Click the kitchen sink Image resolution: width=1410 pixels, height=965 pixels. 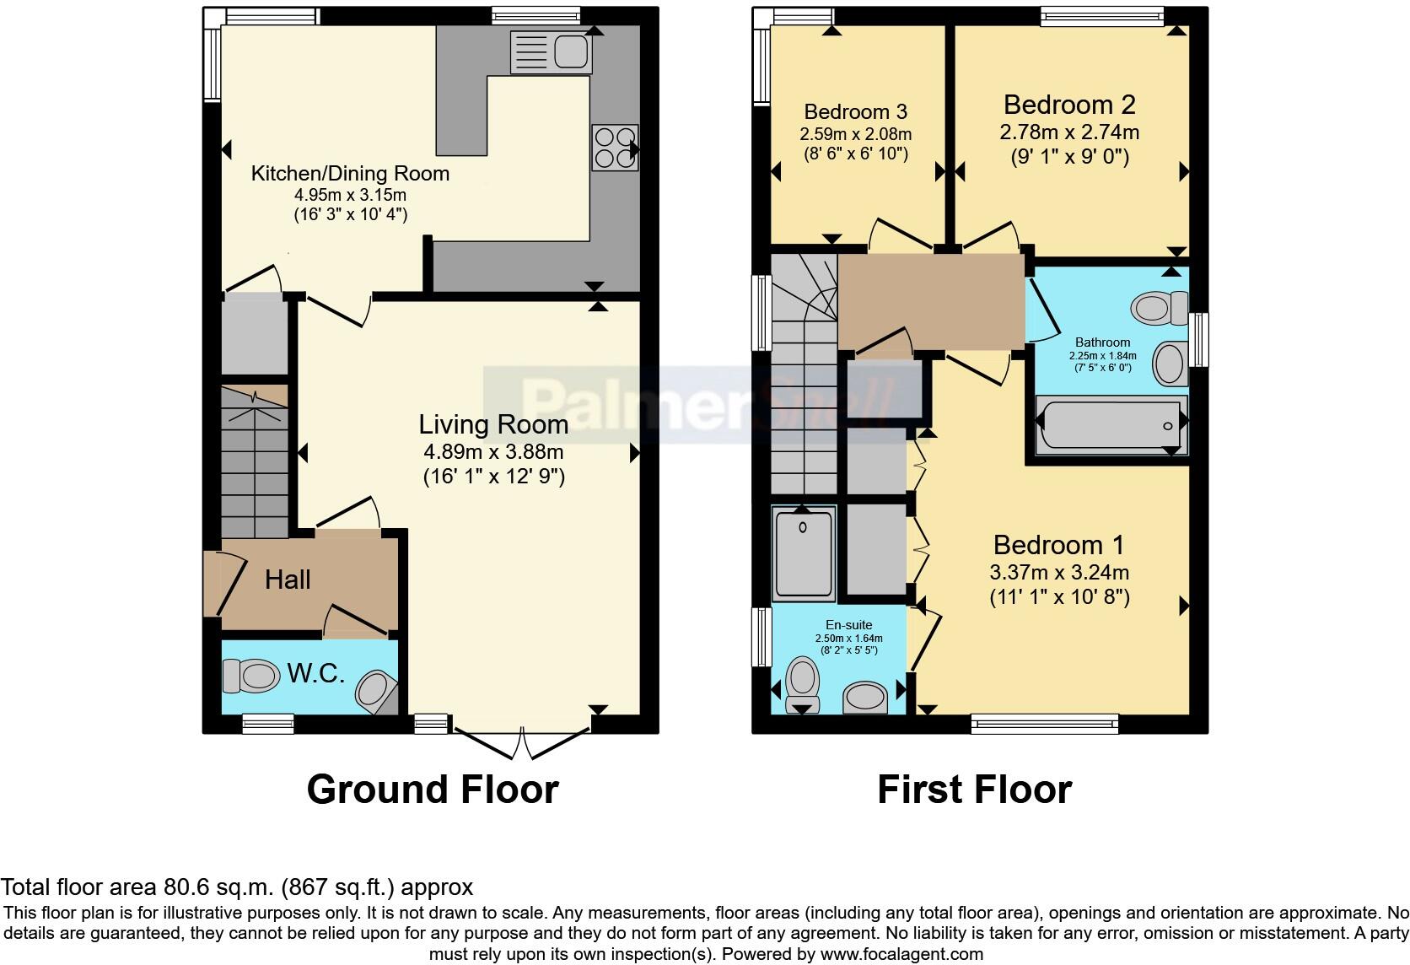pyautogui.click(x=551, y=52)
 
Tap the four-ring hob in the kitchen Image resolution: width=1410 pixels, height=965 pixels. pyautogui.click(x=615, y=148)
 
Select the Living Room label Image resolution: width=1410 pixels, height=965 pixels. pyautogui.click(x=493, y=424)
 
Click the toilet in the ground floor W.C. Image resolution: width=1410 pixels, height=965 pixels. pyautogui.click(x=251, y=675)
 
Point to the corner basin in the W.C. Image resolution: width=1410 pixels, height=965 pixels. pyautogui.click(x=374, y=690)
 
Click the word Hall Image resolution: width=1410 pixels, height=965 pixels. pyautogui.click(x=288, y=580)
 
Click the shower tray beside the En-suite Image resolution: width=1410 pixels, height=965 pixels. pyautogui.click(x=804, y=553)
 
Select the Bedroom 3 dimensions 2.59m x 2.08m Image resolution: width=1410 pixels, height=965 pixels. pyautogui.click(x=855, y=134)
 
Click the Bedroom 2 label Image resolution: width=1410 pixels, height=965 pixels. pyautogui.click(x=1069, y=105)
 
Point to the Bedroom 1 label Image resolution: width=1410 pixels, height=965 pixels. pyautogui.click(x=1058, y=545)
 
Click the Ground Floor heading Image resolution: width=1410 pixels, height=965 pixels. pyautogui.click(x=433, y=790)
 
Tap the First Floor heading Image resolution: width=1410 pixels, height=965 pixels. pyautogui.click(x=974, y=790)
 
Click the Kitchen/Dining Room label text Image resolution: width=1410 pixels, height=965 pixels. pyautogui.click(x=350, y=174)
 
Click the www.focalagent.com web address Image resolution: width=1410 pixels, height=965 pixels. pyautogui.click(x=901, y=955)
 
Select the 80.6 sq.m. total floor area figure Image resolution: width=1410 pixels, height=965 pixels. pyautogui.click(x=217, y=887)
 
